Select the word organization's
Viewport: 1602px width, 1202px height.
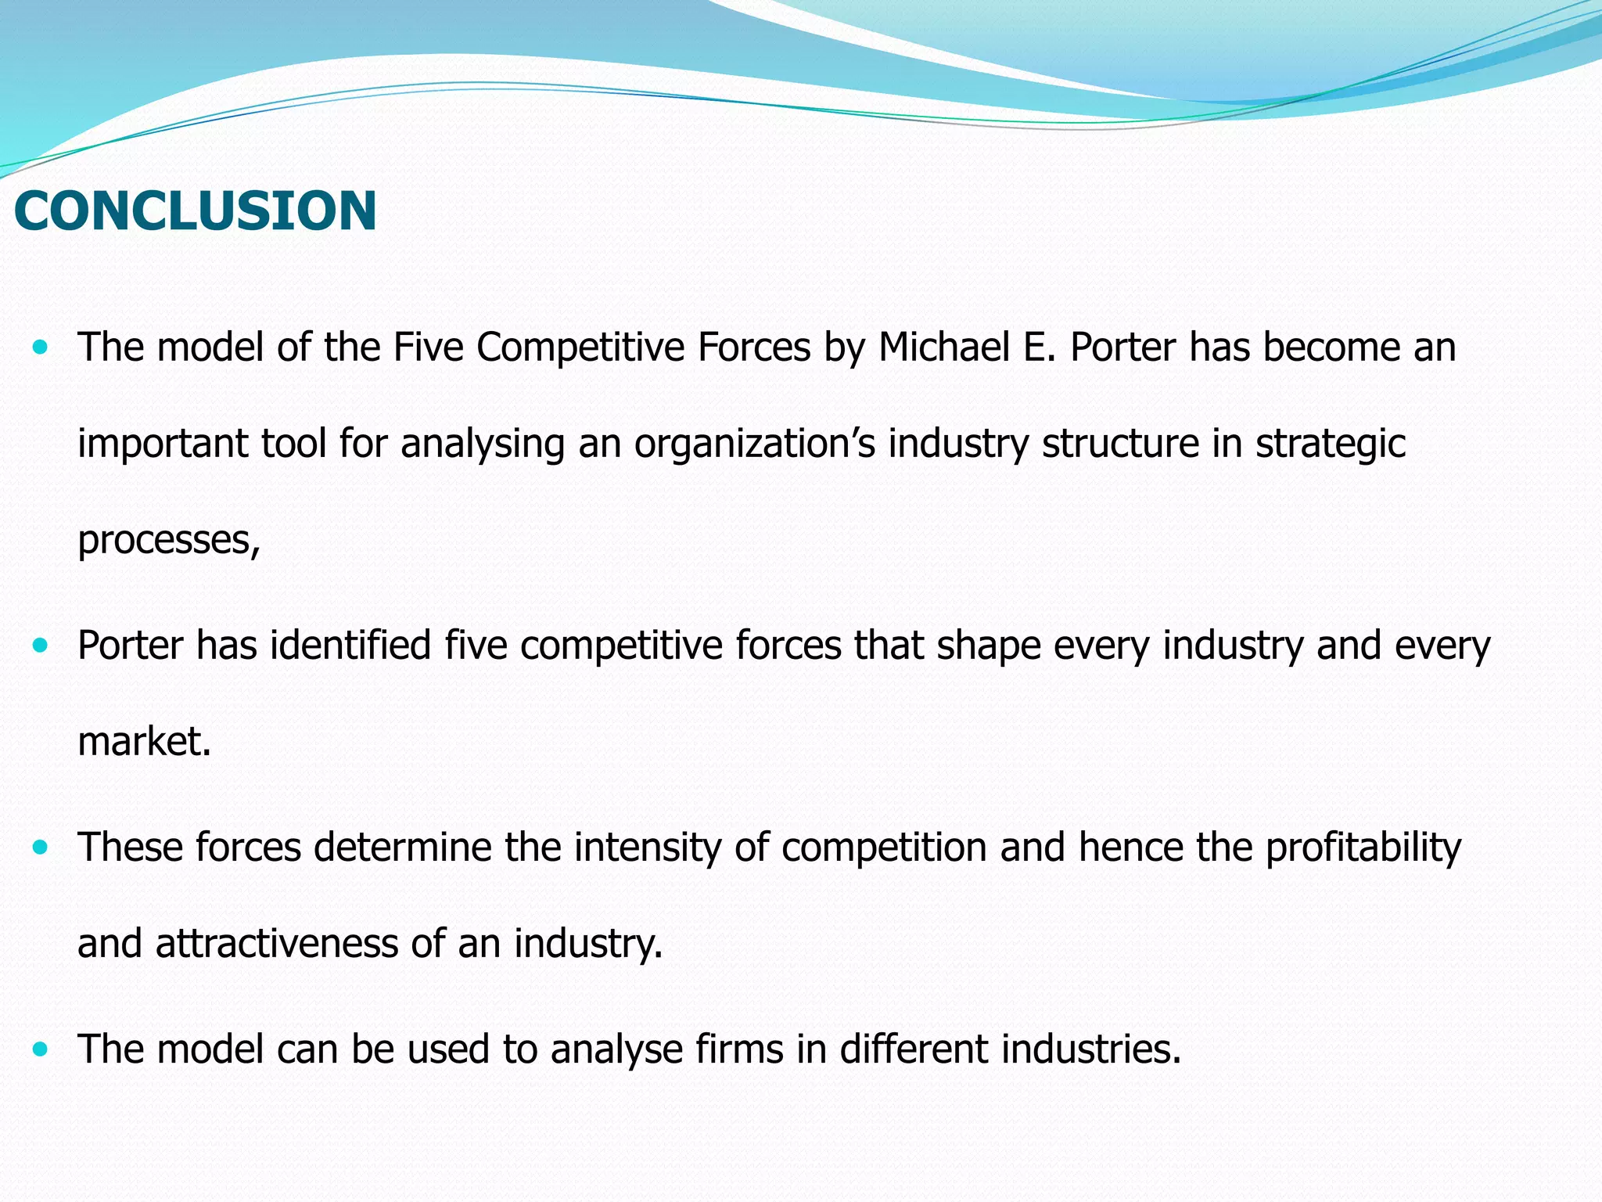pyautogui.click(x=754, y=444)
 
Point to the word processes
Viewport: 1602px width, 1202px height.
pyautogui.click(x=168, y=540)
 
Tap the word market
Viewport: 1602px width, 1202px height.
pyautogui.click(x=145, y=741)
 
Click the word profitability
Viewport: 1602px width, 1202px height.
pyautogui.click(x=1363, y=848)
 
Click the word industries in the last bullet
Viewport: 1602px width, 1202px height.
pyautogui.click(x=1090, y=1049)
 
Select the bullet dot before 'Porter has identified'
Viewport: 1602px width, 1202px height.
pyautogui.click(x=41, y=646)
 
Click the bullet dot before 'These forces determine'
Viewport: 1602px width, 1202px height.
pyautogui.click(x=41, y=848)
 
